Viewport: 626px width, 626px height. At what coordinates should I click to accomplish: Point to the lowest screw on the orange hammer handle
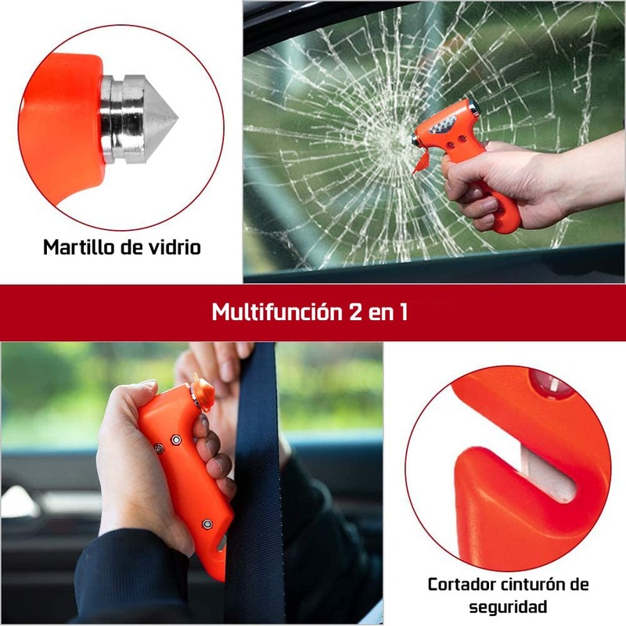point(207,523)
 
